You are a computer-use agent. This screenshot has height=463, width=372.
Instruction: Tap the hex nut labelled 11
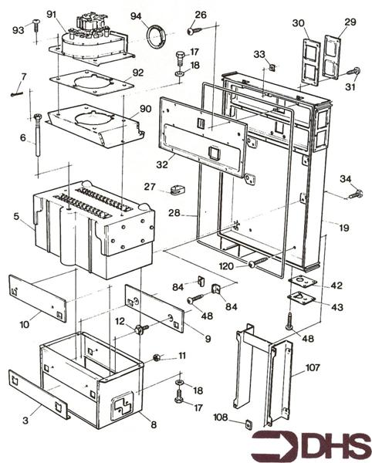pyautogui.click(x=156, y=357)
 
